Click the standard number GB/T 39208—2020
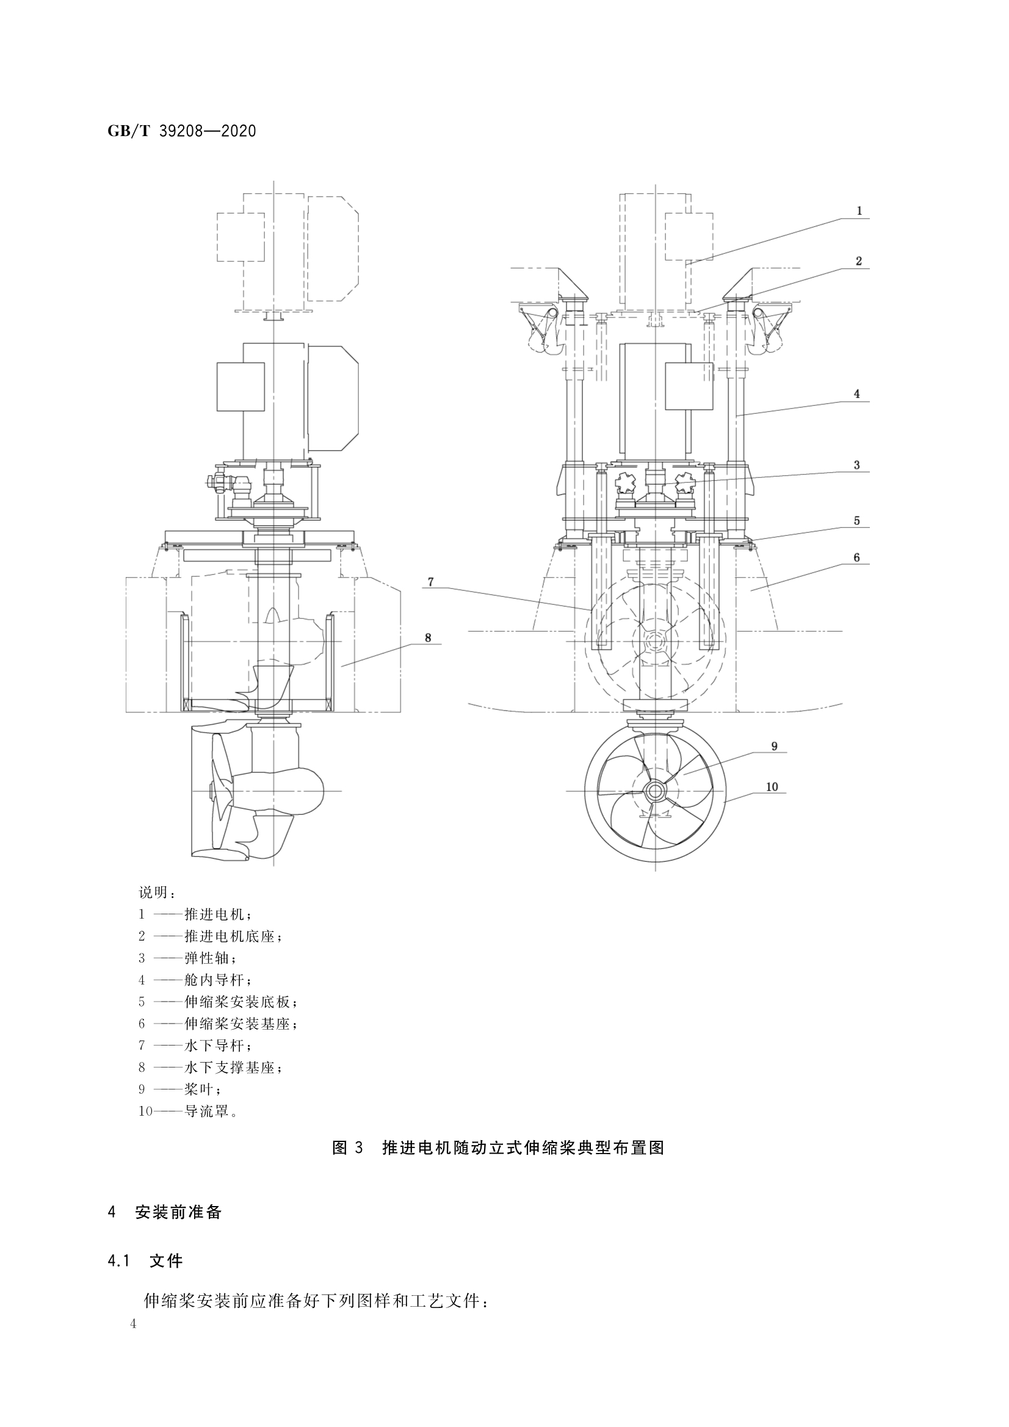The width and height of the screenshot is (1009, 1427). (x=181, y=131)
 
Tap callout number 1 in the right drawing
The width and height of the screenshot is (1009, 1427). (x=860, y=211)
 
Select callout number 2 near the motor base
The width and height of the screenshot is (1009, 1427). (x=859, y=261)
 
